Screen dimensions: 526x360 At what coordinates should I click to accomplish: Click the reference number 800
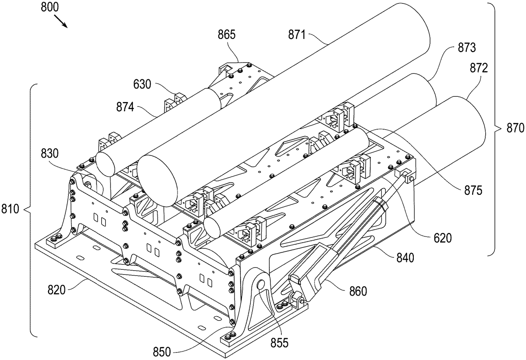[x=50, y=7]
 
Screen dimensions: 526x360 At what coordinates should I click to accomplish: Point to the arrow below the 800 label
[x=61, y=21]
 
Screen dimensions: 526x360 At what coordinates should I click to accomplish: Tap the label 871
[x=297, y=35]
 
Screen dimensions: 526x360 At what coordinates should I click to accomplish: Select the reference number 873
[x=466, y=48]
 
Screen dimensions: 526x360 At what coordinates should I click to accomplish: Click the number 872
[x=479, y=68]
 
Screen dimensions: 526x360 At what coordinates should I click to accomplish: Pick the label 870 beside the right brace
[x=515, y=128]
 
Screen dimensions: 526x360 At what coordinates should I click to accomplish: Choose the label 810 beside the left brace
[x=10, y=209]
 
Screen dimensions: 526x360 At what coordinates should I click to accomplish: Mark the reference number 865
[x=226, y=35]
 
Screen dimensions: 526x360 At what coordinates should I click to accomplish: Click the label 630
[x=142, y=85]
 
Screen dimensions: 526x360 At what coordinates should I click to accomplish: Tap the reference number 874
[x=125, y=107]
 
